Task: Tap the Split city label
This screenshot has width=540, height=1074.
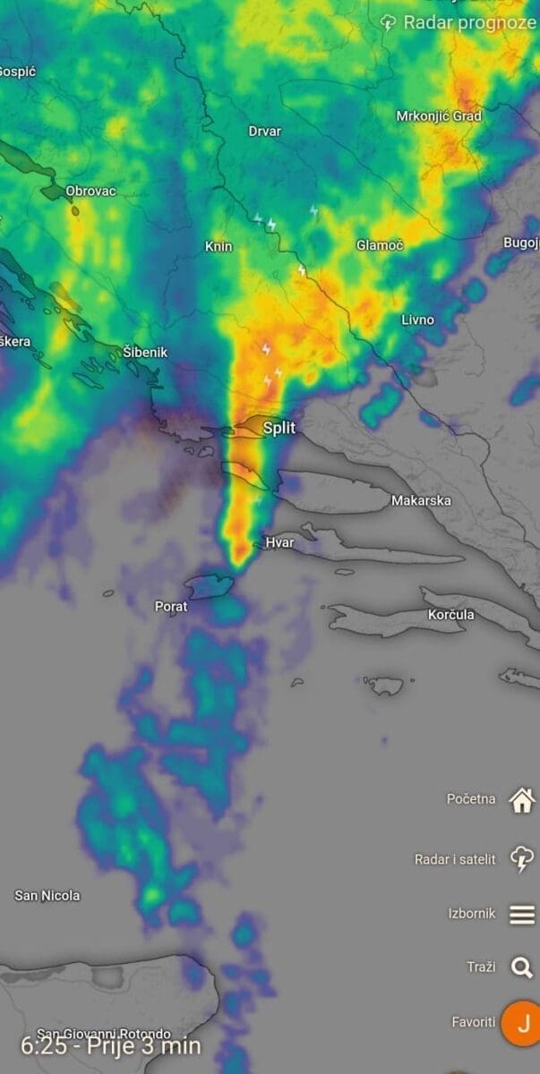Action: tap(279, 429)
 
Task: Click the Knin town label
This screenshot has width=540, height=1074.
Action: tap(219, 246)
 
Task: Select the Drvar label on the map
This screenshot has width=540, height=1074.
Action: tap(264, 132)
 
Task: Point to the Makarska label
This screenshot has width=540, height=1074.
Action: tap(421, 501)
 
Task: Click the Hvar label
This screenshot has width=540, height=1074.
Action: tap(279, 543)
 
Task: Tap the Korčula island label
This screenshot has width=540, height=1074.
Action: tap(463, 616)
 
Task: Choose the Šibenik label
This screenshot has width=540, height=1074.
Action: tap(145, 353)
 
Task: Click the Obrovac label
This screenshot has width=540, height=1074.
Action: tap(90, 191)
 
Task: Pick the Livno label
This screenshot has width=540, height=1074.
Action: tap(417, 320)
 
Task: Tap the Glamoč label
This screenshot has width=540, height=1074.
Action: tap(380, 245)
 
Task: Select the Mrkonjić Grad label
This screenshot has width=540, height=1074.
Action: tap(439, 116)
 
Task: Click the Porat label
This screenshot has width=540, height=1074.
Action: tap(171, 607)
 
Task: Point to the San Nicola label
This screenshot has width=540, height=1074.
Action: tap(47, 895)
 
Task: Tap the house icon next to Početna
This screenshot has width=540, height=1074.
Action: tap(521, 800)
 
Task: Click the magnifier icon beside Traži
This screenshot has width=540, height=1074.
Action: tap(521, 967)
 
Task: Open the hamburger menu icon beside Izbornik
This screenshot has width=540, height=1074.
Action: tap(522, 914)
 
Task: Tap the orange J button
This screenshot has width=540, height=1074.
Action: tap(523, 1022)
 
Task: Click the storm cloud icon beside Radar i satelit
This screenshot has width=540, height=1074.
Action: tap(521, 859)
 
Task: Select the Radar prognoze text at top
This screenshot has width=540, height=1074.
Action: tap(468, 22)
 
